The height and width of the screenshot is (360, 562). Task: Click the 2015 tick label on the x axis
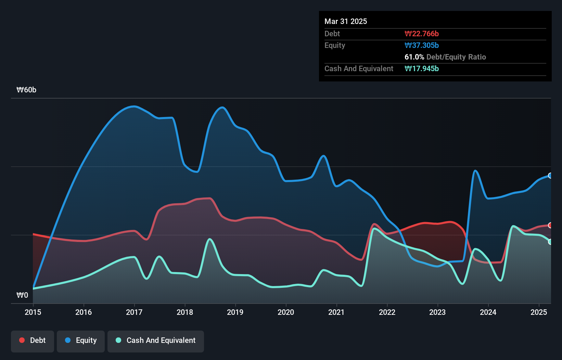(x=33, y=312)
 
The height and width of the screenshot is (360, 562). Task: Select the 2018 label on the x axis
(x=185, y=312)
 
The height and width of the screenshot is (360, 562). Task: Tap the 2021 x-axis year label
(x=336, y=312)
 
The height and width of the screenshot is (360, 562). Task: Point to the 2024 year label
(x=488, y=312)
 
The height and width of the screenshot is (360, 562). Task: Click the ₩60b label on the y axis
(x=26, y=90)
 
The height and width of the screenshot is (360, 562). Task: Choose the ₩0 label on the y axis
(x=22, y=295)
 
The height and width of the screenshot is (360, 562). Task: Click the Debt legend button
(x=33, y=340)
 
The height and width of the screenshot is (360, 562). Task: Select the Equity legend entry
(x=81, y=340)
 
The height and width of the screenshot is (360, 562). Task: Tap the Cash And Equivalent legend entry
(x=156, y=340)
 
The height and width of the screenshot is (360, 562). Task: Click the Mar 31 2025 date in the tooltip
(x=346, y=21)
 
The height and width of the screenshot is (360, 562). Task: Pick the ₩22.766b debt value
(x=422, y=34)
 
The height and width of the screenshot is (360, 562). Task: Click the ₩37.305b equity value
(x=422, y=45)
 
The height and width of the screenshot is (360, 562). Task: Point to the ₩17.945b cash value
(x=422, y=68)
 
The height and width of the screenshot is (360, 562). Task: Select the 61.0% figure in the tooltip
(x=414, y=57)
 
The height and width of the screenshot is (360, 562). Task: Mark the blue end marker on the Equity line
(x=550, y=176)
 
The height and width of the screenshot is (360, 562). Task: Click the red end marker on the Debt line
(x=550, y=225)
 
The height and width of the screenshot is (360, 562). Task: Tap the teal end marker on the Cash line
(x=550, y=242)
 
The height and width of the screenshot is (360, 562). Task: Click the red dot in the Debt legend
(x=22, y=340)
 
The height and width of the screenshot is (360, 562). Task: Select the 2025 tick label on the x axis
(x=539, y=312)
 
